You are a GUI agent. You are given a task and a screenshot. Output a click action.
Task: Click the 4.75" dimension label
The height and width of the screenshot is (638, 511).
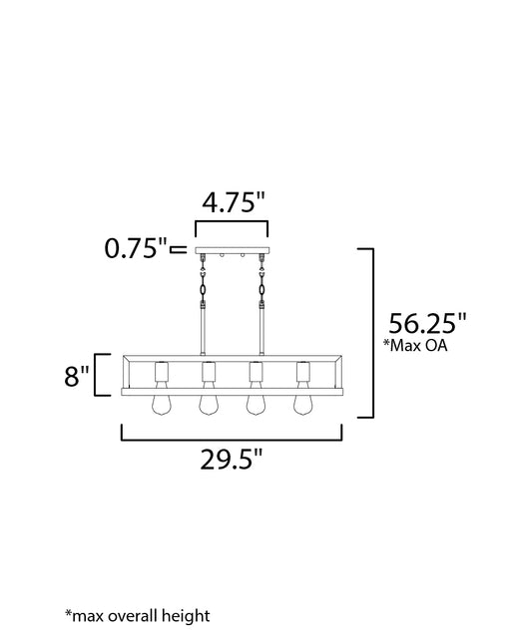[x=234, y=202]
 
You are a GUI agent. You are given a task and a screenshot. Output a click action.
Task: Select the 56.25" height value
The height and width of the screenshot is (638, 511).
[x=426, y=323]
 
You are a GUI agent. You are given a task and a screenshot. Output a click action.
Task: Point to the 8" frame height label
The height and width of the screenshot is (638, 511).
[x=76, y=376]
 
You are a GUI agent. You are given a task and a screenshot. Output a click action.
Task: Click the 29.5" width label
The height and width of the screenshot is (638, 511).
[x=232, y=460]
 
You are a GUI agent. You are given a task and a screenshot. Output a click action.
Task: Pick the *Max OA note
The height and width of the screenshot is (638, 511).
[x=415, y=345]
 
